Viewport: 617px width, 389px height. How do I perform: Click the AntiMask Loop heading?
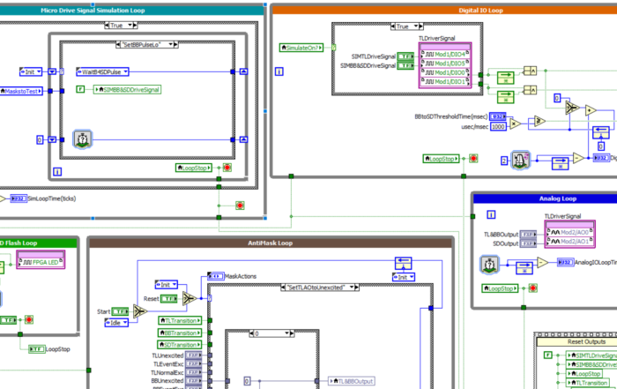pos(270,243)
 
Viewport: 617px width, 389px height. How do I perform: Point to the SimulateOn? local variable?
pos(301,48)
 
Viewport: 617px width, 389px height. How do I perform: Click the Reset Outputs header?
pos(576,340)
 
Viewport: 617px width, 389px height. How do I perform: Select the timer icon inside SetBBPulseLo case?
pos(82,138)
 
